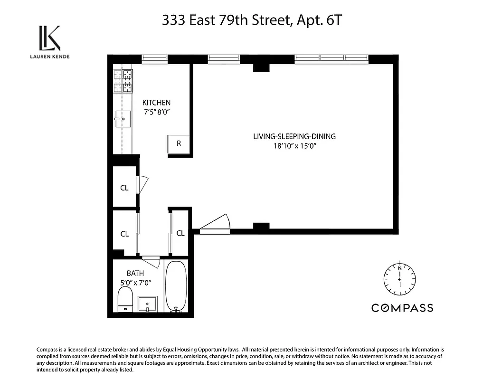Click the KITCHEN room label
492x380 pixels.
156,103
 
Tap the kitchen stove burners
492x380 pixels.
123,81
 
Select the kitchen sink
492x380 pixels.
123,118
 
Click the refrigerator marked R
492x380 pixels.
179,143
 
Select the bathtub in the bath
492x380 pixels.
176,286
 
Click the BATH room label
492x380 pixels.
135,273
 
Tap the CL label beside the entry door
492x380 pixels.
180,233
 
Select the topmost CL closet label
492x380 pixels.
124,188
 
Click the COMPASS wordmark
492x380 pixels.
402,308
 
